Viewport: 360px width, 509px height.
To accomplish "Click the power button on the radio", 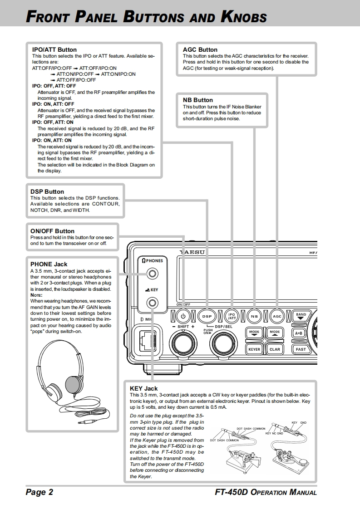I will (x=183, y=316).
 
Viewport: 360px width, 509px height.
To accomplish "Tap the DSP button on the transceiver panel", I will (x=207, y=316).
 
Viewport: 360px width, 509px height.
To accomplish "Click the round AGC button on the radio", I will (x=277, y=316).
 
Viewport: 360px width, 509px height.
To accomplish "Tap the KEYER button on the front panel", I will (x=254, y=349).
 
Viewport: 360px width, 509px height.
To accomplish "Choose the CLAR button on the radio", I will (x=275, y=349).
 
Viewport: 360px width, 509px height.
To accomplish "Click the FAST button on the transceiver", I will (x=301, y=349).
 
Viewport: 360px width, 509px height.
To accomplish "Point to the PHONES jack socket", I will (x=153, y=274).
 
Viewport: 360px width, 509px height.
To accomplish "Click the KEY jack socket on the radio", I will (x=153, y=303).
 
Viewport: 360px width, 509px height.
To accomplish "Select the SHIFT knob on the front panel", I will (x=183, y=343).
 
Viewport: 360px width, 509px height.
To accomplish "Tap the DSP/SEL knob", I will (x=222, y=343).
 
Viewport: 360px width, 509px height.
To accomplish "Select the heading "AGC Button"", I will (x=200, y=50).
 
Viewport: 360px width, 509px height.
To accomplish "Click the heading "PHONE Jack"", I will (x=49, y=264).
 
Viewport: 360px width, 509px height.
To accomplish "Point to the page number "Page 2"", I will (x=39, y=492).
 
